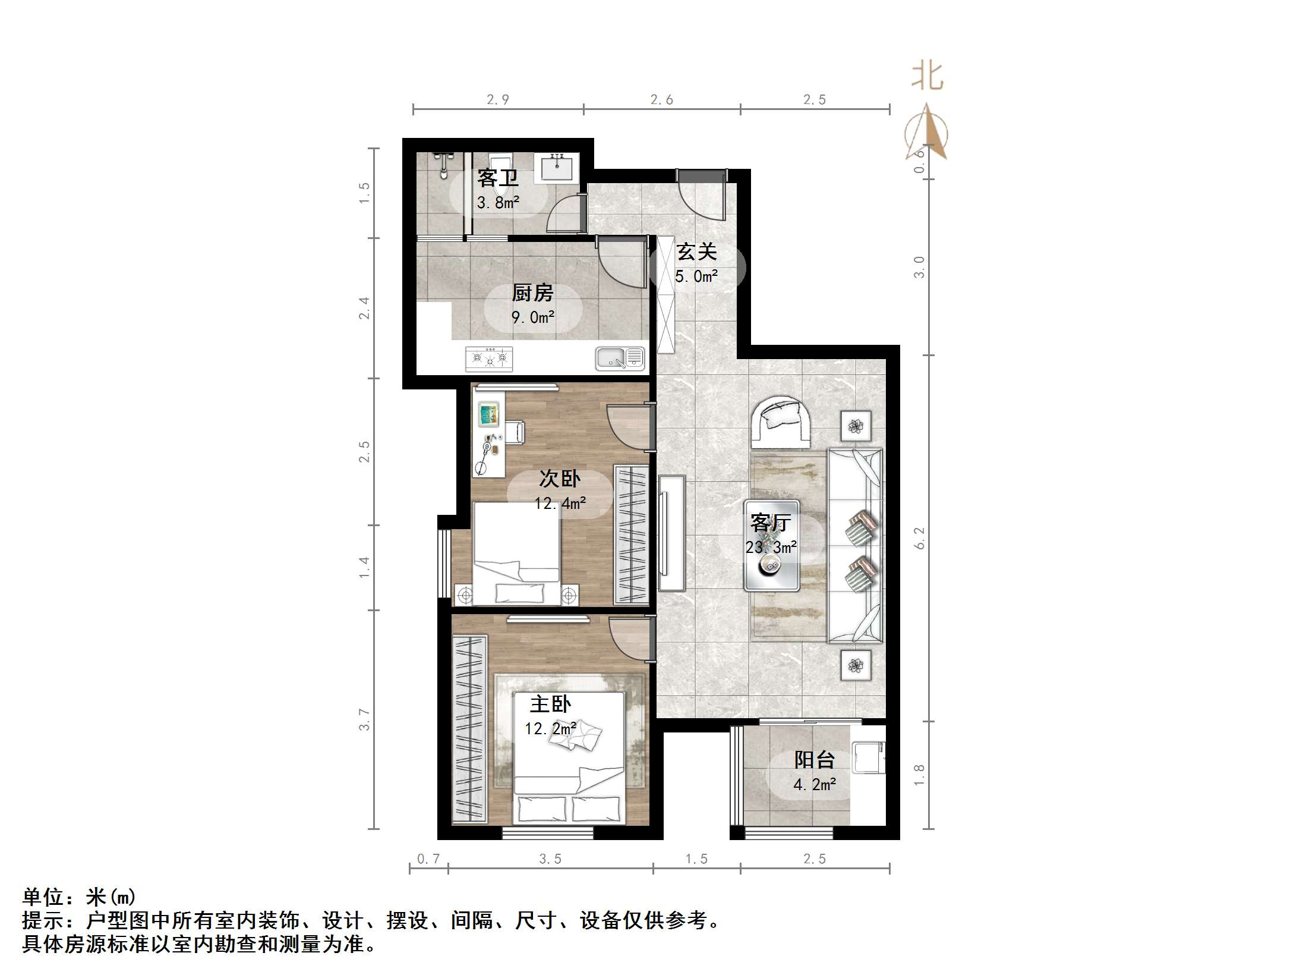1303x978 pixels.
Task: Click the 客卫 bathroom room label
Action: pos(498,178)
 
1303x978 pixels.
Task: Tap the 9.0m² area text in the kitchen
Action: pos(533,317)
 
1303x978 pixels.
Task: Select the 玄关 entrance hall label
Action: pos(696,252)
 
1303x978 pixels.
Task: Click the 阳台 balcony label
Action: pos(814,760)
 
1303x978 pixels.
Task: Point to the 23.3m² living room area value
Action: pos(771,547)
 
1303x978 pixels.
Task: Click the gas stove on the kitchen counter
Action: pos(489,359)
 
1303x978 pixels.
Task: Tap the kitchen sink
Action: pos(620,358)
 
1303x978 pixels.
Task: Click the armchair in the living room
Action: pos(780,422)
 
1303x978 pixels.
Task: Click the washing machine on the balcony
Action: pos(868,757)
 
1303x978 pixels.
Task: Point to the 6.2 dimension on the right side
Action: pos(919,538)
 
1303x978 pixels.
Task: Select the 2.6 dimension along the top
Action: pos(661,100)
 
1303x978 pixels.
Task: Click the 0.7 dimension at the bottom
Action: pos(428,858)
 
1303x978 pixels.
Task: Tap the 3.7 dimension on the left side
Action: pos(364,719)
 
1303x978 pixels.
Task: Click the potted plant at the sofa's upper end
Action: pos(856,426)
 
